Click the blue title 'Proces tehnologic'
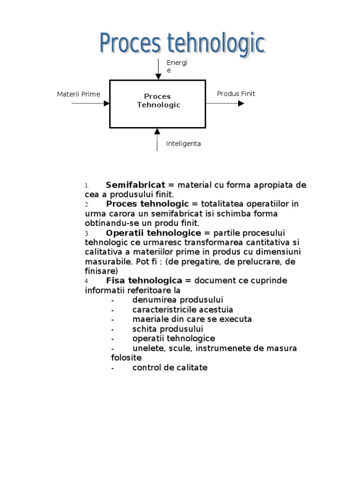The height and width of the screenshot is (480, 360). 182,44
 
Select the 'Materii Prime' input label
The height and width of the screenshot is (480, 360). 78,94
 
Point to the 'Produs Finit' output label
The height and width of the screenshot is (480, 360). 236,94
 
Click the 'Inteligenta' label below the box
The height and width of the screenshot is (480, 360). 183,144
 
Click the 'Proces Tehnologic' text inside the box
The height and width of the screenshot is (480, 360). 158,101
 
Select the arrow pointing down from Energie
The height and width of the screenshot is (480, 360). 158,69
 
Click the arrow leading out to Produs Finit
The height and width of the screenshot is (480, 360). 225,103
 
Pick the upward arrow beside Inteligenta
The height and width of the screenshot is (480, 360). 157,139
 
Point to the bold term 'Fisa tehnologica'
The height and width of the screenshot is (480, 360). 143,281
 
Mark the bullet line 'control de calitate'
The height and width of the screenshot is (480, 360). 170,367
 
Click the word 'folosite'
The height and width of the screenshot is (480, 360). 126,358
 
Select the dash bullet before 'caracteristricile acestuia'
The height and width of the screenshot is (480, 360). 113,310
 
